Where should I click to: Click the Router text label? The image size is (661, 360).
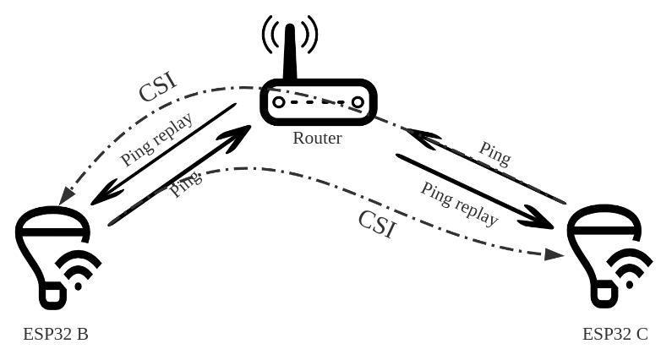[x=317, y=138]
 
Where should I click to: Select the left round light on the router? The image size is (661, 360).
[x=279, y=102]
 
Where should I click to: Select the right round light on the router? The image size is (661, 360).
[x=358, y=102]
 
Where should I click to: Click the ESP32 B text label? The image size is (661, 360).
[x=56, y=334]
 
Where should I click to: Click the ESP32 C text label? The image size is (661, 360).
[x=615, y=334]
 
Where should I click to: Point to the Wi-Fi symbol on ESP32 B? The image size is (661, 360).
[x=78, y=270]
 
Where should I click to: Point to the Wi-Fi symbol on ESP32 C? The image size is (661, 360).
[x=629, y=270]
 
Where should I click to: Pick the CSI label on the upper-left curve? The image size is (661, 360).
[x=157, y=87]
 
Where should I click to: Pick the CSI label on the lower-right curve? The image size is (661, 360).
[x=377, y=224]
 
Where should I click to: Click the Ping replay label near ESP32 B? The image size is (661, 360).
[x=157, y=139]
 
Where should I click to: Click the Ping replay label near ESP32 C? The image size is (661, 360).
[x=459, y=203]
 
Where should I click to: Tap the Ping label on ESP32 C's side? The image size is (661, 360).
[x=494, y=153]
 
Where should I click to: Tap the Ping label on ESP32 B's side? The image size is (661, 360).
[x=185, y=183]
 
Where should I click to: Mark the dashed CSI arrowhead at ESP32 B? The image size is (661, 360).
[x=65, y=197]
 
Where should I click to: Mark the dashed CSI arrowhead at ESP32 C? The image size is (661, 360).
[x=554, y=254]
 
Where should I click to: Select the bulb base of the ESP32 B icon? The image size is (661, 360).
[x=52, y=295]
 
